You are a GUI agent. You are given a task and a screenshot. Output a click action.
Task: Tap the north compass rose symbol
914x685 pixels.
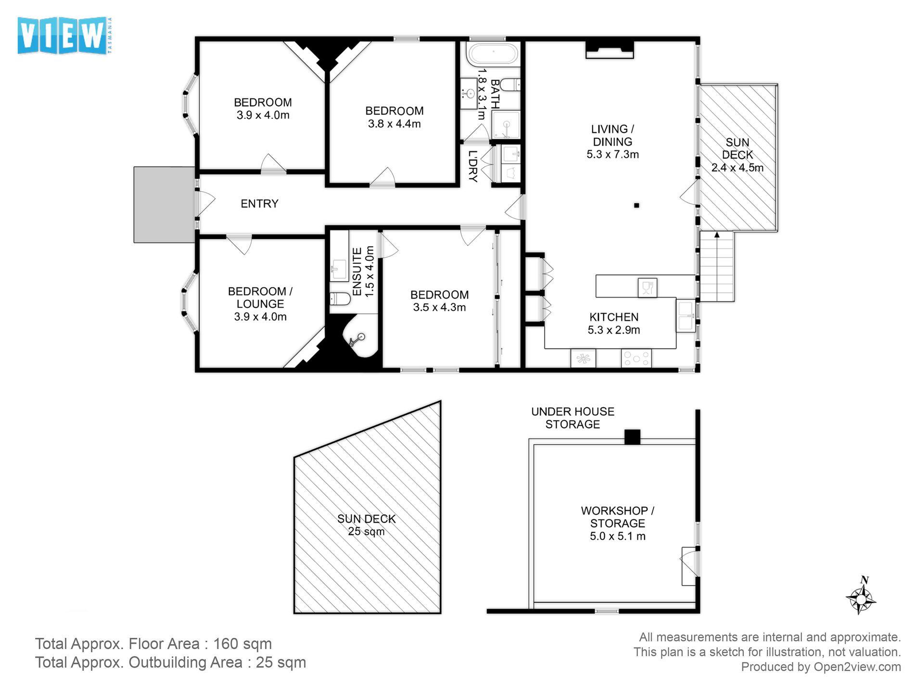point(861,598)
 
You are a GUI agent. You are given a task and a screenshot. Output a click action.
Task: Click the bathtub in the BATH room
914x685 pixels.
point(493,54)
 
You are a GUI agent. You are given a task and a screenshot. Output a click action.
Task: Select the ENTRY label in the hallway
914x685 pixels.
point(259,204)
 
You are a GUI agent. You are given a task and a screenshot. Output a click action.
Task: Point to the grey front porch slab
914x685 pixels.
point(164,205)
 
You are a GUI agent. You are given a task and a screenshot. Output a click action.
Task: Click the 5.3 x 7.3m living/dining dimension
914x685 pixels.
point(612,155)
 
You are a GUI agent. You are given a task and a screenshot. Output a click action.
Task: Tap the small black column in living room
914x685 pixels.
point(636,205)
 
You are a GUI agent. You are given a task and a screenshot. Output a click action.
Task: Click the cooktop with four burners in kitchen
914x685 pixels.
point(636,359)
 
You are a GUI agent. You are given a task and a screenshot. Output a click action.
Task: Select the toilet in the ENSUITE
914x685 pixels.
point(340,299)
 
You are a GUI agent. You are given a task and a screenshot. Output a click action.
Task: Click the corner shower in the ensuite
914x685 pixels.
point(358,338)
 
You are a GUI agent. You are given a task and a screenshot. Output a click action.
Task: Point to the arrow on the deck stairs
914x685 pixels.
point(717,236)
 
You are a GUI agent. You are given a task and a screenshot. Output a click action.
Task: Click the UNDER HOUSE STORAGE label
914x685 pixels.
point(572,418)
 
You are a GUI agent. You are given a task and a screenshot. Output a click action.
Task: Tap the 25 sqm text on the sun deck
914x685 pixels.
point(366,532)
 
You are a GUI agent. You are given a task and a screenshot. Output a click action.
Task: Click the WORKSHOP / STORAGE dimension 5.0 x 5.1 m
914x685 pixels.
point(618,536)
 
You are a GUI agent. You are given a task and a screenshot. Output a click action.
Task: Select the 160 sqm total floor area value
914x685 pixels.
point(242,644)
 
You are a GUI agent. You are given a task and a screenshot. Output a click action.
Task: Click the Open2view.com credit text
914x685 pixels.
point(857,667)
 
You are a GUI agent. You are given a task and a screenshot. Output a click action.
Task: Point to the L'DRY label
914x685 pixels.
point(473,166)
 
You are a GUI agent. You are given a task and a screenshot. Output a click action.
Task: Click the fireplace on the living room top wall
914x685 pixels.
point(609,50)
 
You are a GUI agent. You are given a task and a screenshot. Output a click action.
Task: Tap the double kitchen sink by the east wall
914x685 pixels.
point(685,316)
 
